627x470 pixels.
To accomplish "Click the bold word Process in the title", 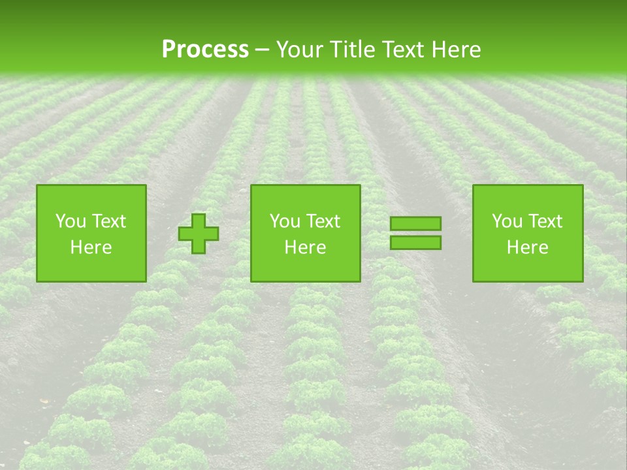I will coord(205,50).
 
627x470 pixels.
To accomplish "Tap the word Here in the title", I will coord(457,50).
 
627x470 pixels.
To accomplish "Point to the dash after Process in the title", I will coord(263,50).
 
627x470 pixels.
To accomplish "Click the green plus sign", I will coord(199,234).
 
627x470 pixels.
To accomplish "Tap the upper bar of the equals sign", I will coord(415,224).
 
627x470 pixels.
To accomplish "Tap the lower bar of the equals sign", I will coord(415,242).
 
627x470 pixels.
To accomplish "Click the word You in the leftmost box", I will coord(70,221).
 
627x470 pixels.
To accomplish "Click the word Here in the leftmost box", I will coord(91,247).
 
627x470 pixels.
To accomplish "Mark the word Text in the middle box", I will coord(323,221).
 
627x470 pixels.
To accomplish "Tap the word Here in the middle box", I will coord(305,247).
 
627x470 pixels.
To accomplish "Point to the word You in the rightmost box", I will coord(507,221).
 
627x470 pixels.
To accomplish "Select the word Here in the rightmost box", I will coord(528,247).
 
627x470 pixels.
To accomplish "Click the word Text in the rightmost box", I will coord(545,221).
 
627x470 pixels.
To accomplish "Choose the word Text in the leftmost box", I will coord(108,221).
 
